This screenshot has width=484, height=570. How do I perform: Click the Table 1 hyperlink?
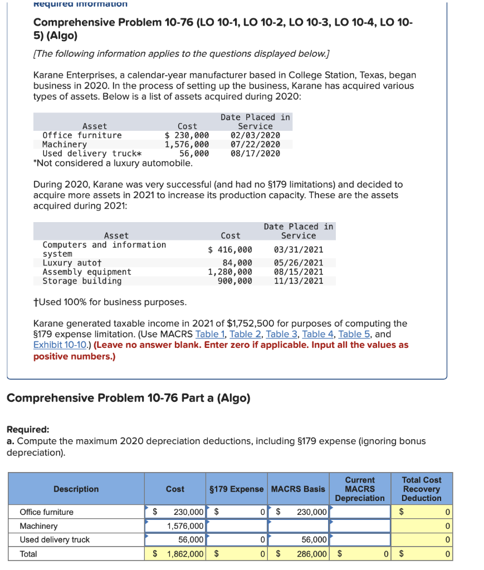(x=210, y=334)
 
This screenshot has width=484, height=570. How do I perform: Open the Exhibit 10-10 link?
(x=60, y=345)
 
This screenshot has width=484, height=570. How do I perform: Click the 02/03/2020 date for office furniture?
(x=255, y=135)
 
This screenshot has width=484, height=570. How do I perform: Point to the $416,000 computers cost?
(x=230, y=249)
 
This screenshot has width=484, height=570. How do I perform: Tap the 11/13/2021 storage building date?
(x=299, y=281)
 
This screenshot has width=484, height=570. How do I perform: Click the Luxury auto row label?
(x=72, y=263)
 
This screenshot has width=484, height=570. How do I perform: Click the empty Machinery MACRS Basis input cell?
(x=299, y=526)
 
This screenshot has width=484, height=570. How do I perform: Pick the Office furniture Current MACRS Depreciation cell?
(x=359, y=512)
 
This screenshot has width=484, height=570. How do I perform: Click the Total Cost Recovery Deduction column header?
(x=421, y=489)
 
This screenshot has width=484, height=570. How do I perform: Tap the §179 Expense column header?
(x=236, y=489)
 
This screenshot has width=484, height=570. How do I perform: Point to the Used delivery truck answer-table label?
(x=55, y=540)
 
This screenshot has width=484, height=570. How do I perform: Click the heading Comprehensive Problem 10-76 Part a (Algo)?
(x=128, y=398)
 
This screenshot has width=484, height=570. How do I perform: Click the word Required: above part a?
(x=28, y=430)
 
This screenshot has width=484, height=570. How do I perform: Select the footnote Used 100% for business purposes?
(x=110, y=302)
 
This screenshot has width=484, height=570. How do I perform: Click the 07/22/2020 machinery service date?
(x=255, y=144)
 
